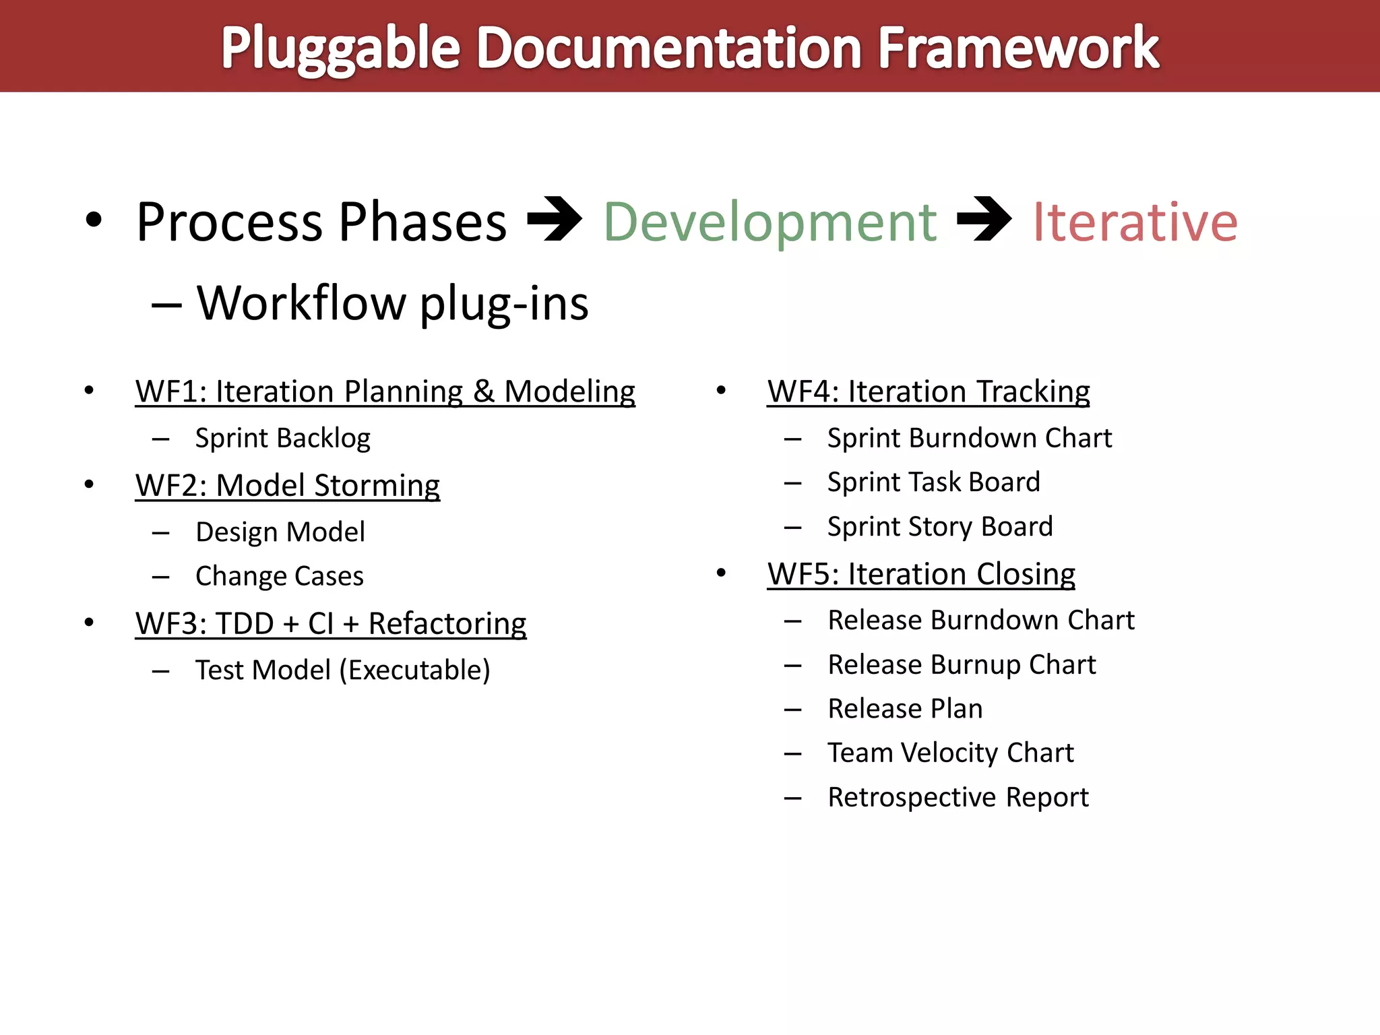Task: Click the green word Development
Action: (770, 222)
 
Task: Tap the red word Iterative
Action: (1135, 222)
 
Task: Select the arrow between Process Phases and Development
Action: (554, 219)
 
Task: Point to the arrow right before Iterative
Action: (984, 219)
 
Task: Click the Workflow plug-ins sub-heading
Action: (392, 303)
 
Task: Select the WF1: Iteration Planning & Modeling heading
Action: (385, 391)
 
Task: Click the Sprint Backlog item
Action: (282, 439)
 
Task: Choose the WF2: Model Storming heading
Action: (287, 486)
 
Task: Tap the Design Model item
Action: (280, 532)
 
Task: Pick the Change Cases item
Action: (279, 577)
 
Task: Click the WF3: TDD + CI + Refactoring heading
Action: (330, 624)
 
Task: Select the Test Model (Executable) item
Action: (342, 670)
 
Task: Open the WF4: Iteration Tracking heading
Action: (928, 391)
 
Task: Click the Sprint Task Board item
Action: (933, 482)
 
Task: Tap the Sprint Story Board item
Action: (939, 527)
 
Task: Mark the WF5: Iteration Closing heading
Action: (920, 574)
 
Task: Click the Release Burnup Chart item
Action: (962, 665)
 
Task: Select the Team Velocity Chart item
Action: (950, 753)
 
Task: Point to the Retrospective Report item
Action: (958, 798)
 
